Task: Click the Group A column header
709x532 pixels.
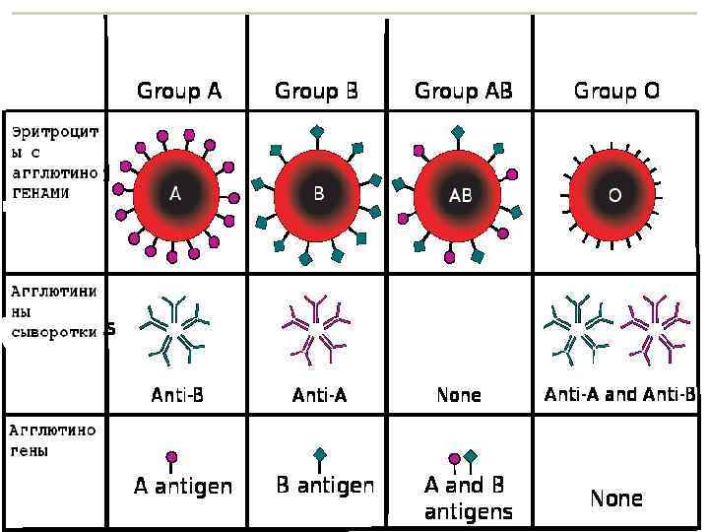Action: [x=179, y=92]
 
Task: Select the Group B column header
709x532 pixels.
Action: [x=316, y=92]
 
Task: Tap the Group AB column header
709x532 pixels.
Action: [x=464, y=92]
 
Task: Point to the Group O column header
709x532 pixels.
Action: [x=616, y=92]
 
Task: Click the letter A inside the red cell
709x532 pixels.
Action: [x=175, y=194]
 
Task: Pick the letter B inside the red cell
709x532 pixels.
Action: [x=318, y=194]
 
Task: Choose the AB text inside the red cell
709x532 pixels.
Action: [x=460, y=196]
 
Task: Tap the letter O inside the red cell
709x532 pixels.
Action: [x=614, y=196]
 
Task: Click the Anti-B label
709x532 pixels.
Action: [x=177, y=395]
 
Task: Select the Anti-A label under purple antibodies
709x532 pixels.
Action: [x=319, y=395]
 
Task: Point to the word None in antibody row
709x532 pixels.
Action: [x=459, y=395]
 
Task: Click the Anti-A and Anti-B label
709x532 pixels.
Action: [x=620, y=395]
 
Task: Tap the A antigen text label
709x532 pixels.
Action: [x=183, y=486]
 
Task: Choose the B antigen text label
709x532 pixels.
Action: [x=325, y=486]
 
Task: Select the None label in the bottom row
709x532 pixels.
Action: [x=616, y=499]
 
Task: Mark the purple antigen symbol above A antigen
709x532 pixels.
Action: [x=171, y=457]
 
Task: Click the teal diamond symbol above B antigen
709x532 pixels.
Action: [x=319, y=455]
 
